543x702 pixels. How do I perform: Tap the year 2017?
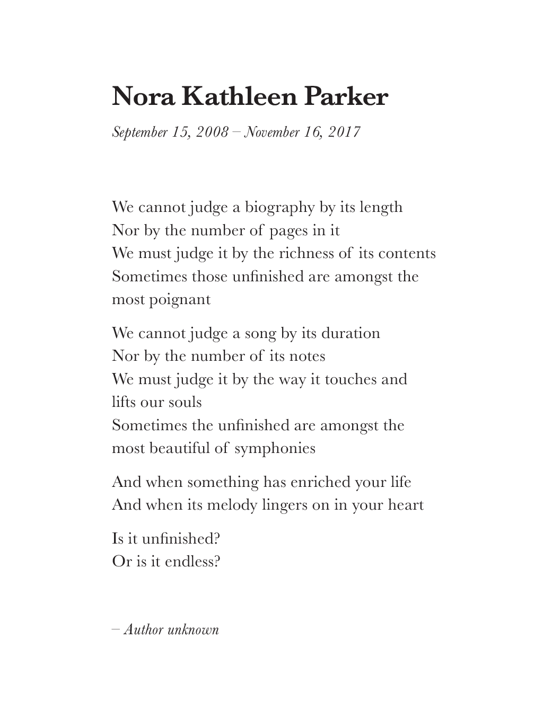coord(344,132)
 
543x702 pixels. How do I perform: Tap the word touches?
coord(350,379)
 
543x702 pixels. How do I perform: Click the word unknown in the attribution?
coord(193,629)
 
